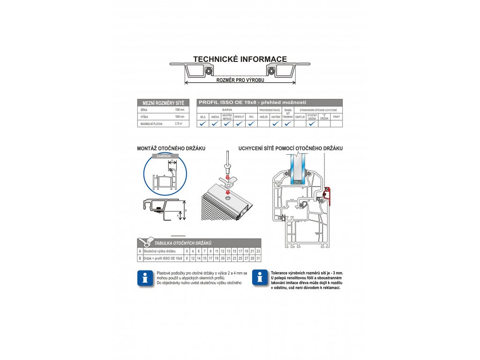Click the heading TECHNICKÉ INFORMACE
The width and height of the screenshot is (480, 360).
pos(240,60)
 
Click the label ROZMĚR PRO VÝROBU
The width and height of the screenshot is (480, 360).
pos(240,81)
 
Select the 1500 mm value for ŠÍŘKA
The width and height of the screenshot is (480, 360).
pos(179,109)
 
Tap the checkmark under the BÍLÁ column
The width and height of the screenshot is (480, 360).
pos(202,124)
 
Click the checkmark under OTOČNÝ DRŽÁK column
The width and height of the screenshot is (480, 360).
pos(312,124)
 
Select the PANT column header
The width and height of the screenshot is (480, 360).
pos(336,117)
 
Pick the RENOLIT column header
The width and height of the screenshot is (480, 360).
pos(239,117)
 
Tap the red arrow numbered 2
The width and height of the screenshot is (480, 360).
pos(227,178)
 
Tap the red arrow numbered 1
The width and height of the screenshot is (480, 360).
pos(227,192)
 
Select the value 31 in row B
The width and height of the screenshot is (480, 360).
pos(258,258)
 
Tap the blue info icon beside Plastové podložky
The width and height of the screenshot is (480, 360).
pos(145,277)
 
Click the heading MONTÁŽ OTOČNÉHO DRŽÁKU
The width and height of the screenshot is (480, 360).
pos(171,148)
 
